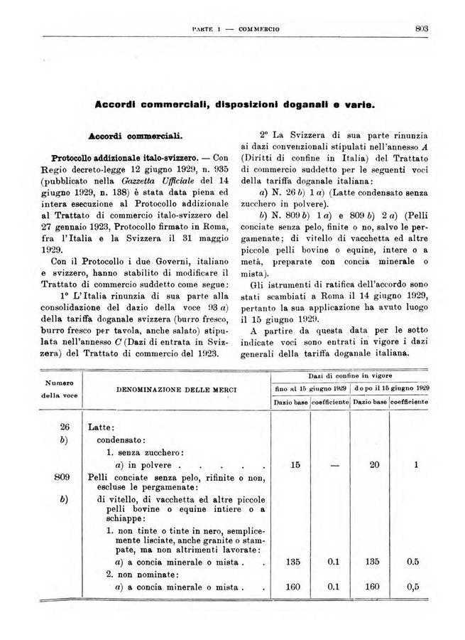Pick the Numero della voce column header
(61, 390)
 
